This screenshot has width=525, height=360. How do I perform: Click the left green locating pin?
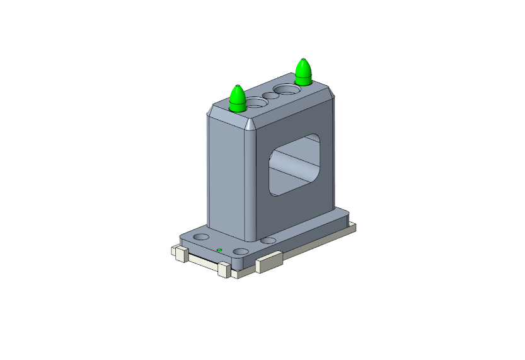click(x=238, y=100)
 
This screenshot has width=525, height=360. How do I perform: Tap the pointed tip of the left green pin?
click(x=238, y=86)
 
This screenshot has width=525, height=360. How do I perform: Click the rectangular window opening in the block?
click(x=295, y=164)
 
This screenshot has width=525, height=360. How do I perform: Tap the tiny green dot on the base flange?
click(x=219, y=250)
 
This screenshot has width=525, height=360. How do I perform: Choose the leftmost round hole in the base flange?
click(x=201, y=237)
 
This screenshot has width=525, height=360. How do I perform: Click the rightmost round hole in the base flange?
click(x=268, y=241)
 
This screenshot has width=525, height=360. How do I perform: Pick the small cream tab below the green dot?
click(x=222, y=269)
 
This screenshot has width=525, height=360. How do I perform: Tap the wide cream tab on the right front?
click(x=268, y=262)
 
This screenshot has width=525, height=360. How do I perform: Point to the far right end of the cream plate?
click(x=354, y=226)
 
